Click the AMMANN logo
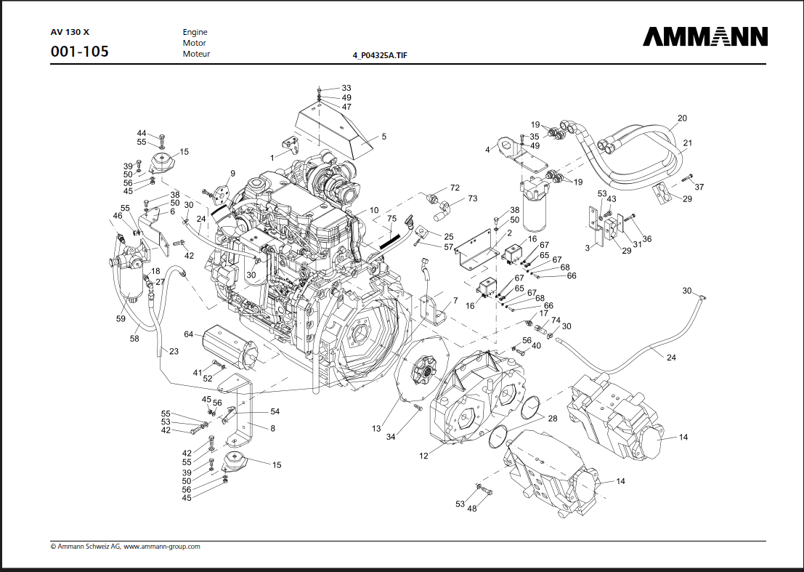[x=704, y=36]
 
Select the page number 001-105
[x=80, y=52]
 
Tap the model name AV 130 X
[x=70, y=32]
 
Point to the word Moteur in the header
[x=196, y=54]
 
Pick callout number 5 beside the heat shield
[x=383, y=136]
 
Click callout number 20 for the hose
[x=682, y=118]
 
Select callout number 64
[x=189, y=334]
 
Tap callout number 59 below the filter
[x=121, y=318]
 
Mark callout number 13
[x=376, y=429]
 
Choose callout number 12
[x=423, y=456]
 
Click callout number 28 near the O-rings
[x=552, y=419]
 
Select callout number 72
[x=455, y=188]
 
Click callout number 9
[x=232, y=172]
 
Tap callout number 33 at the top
[x=346, y=88]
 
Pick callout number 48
[x=472, y=508]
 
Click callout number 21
[x=687, y=143]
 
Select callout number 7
[x=455, y=300]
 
